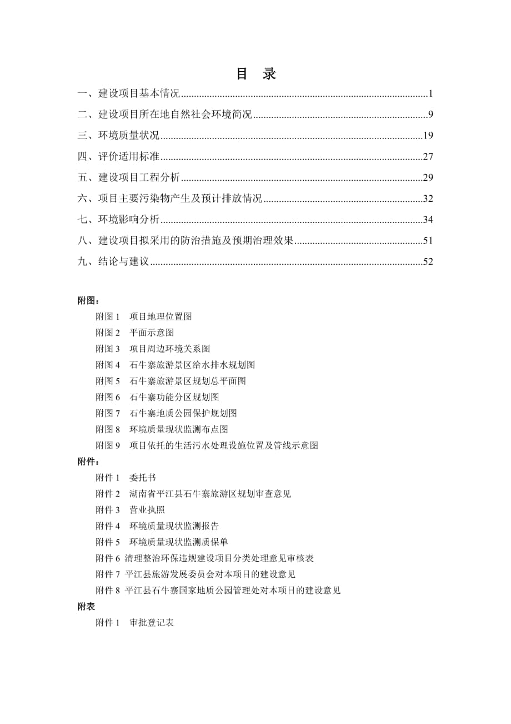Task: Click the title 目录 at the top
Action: (255, 75)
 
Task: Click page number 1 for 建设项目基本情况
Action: (430, 93)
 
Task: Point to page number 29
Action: (428, 178)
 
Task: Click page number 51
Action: (428, 241)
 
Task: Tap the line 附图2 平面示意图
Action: (135, 333)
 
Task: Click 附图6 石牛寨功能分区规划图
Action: (157, 397)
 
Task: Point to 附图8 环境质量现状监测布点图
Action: (162, 429)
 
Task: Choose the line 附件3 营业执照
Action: (130, 510)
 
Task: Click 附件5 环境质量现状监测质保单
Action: (162, 542)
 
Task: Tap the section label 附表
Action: (87, 607)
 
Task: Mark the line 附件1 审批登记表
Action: (135, 623)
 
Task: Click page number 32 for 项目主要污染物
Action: (428, 199)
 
